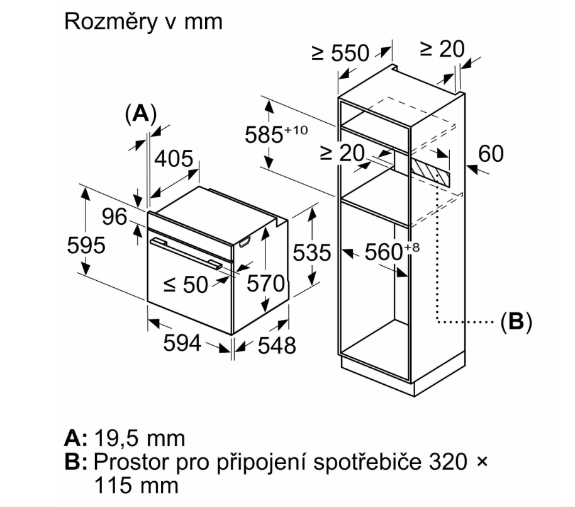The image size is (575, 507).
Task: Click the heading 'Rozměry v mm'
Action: point(143,21)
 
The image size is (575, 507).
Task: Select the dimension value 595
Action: point(86,244)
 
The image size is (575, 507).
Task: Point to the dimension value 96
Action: point(115,217)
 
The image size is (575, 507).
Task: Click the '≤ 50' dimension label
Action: point(185,285)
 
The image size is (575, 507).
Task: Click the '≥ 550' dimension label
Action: point(341,54)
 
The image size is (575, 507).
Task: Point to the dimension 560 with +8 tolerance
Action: point(388,252)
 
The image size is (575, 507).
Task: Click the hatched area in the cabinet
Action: point(431,170)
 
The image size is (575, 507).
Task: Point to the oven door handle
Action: point(186,254)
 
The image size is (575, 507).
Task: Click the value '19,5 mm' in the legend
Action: point(139,437)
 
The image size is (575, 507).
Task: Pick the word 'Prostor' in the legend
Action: point(123,462)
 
